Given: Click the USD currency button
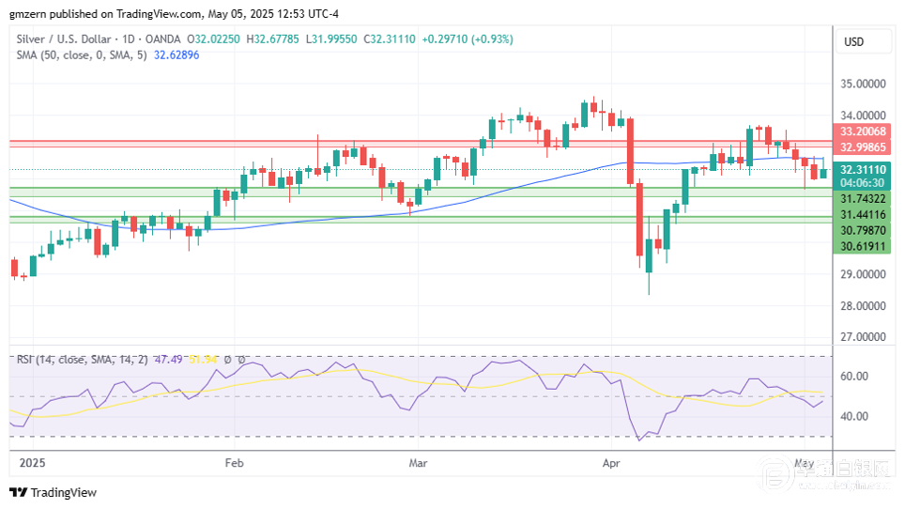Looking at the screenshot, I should click(x=854, y=42).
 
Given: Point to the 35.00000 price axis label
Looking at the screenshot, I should click(x=864, y=84).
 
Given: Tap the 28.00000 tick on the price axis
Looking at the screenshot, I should click(x=864, y=305).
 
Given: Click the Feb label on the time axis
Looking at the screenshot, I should click(x=234, y=463).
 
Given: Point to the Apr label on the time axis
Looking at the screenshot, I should click(x=612, y=463).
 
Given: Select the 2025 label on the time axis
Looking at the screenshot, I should click(x=32, y=463).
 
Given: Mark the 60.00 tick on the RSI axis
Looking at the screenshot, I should click(x=855, y=376).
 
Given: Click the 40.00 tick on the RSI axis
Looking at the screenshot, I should click(x=855, y=416).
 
